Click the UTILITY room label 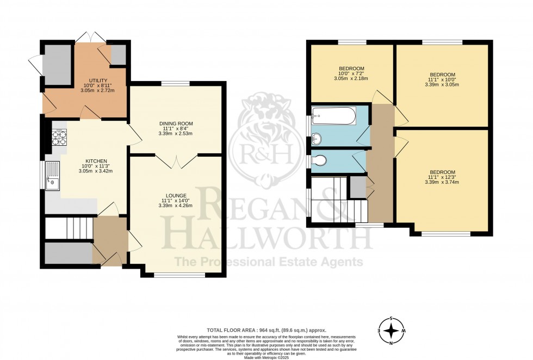[90, 80]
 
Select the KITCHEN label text [95, 161]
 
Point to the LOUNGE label [176, 195]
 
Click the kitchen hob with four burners [59, 139]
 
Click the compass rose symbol [392, 330]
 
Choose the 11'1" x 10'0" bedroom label [442, 75]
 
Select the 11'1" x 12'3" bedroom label [442, 172]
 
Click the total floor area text [266, 330]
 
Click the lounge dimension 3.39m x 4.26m [176, 206]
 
